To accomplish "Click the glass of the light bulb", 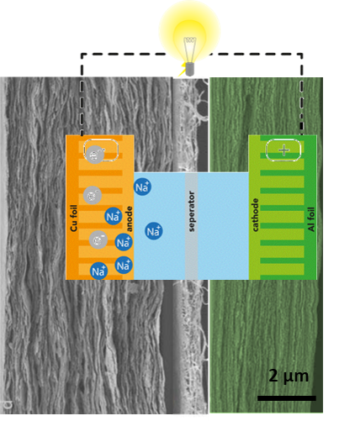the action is [x=190, y=48].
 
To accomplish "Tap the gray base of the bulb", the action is [x=190, y=69].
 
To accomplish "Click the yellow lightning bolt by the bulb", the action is [x=183, y=70].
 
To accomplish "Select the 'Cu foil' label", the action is [x=74, y=218].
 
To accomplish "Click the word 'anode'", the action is [x=130, y=218].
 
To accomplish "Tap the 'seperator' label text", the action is [x=192, y=211].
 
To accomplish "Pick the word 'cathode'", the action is [x=255, y=215].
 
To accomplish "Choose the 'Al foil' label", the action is [x=311, y=219].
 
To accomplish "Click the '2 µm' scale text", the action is [x=289, y=376].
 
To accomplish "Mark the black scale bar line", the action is [x=287, y=398].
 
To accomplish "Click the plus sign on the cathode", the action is [x=284, y=150].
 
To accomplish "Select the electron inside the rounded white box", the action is [x=95, y=155].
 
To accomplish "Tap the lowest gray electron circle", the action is [x=98, y=239].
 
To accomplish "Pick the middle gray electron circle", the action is [x=93, y=195].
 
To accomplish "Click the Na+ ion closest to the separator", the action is [x=154, y=231].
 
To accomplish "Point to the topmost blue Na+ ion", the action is [x=142, y=187].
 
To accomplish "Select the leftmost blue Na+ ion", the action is [x=98, y=271].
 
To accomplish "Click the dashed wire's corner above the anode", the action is [x=82, y=54].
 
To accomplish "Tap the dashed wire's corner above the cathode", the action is [x=302, y=54].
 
